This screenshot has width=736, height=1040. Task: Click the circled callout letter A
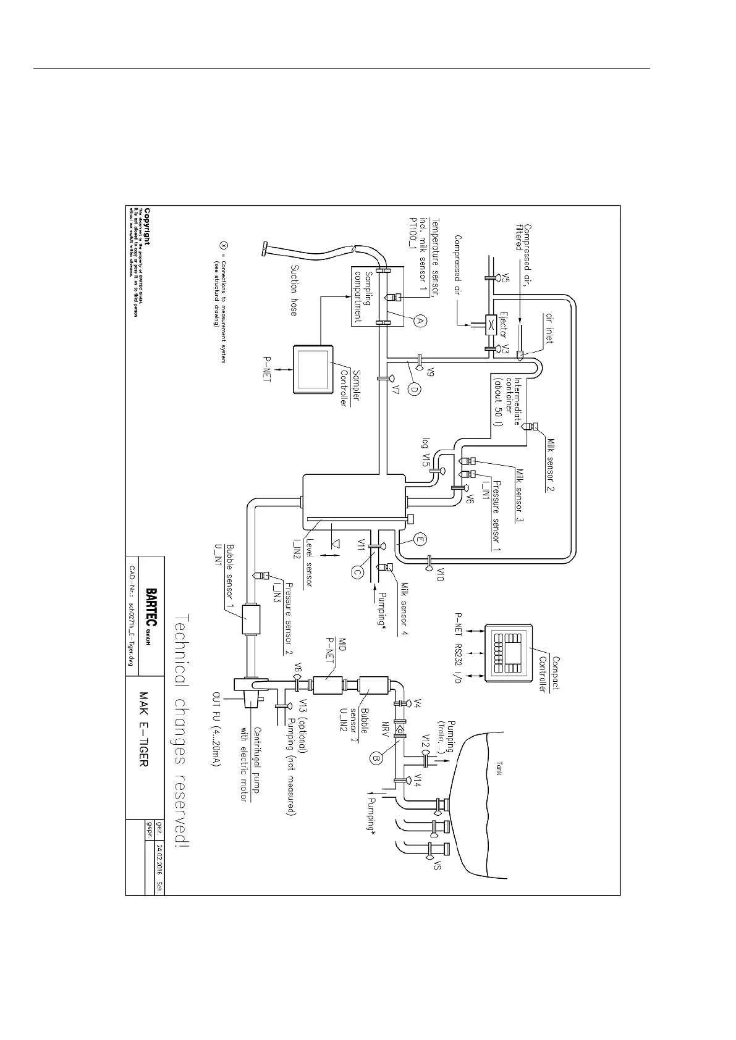point(418,321)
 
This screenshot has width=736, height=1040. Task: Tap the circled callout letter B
point(376,757)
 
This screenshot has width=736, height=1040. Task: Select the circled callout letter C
point(357,572)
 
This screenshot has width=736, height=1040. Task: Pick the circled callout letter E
point(420,540)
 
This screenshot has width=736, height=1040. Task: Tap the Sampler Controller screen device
point(312,369)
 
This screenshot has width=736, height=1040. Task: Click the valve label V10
point(440,563)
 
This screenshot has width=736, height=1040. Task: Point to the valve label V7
point(396,388)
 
